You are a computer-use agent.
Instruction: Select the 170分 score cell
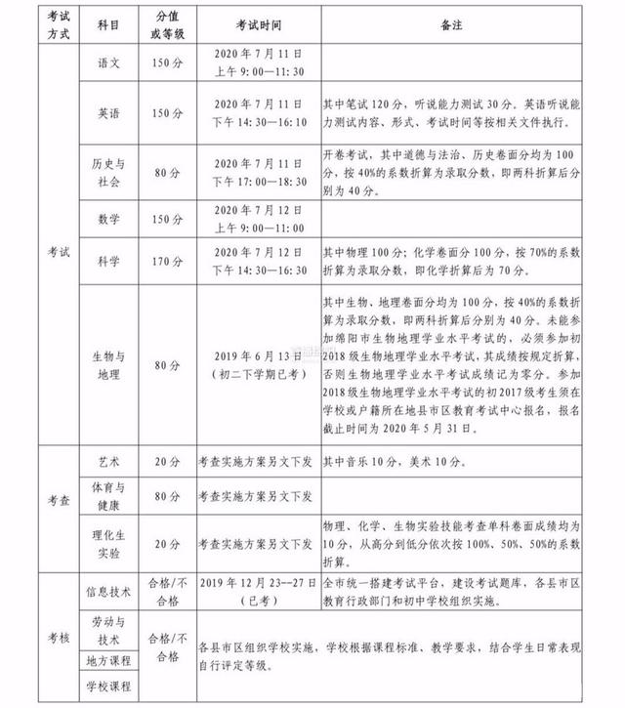point(165,260)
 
